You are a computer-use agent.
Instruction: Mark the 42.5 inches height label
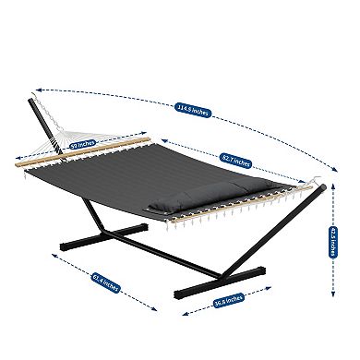click(334, 241)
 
